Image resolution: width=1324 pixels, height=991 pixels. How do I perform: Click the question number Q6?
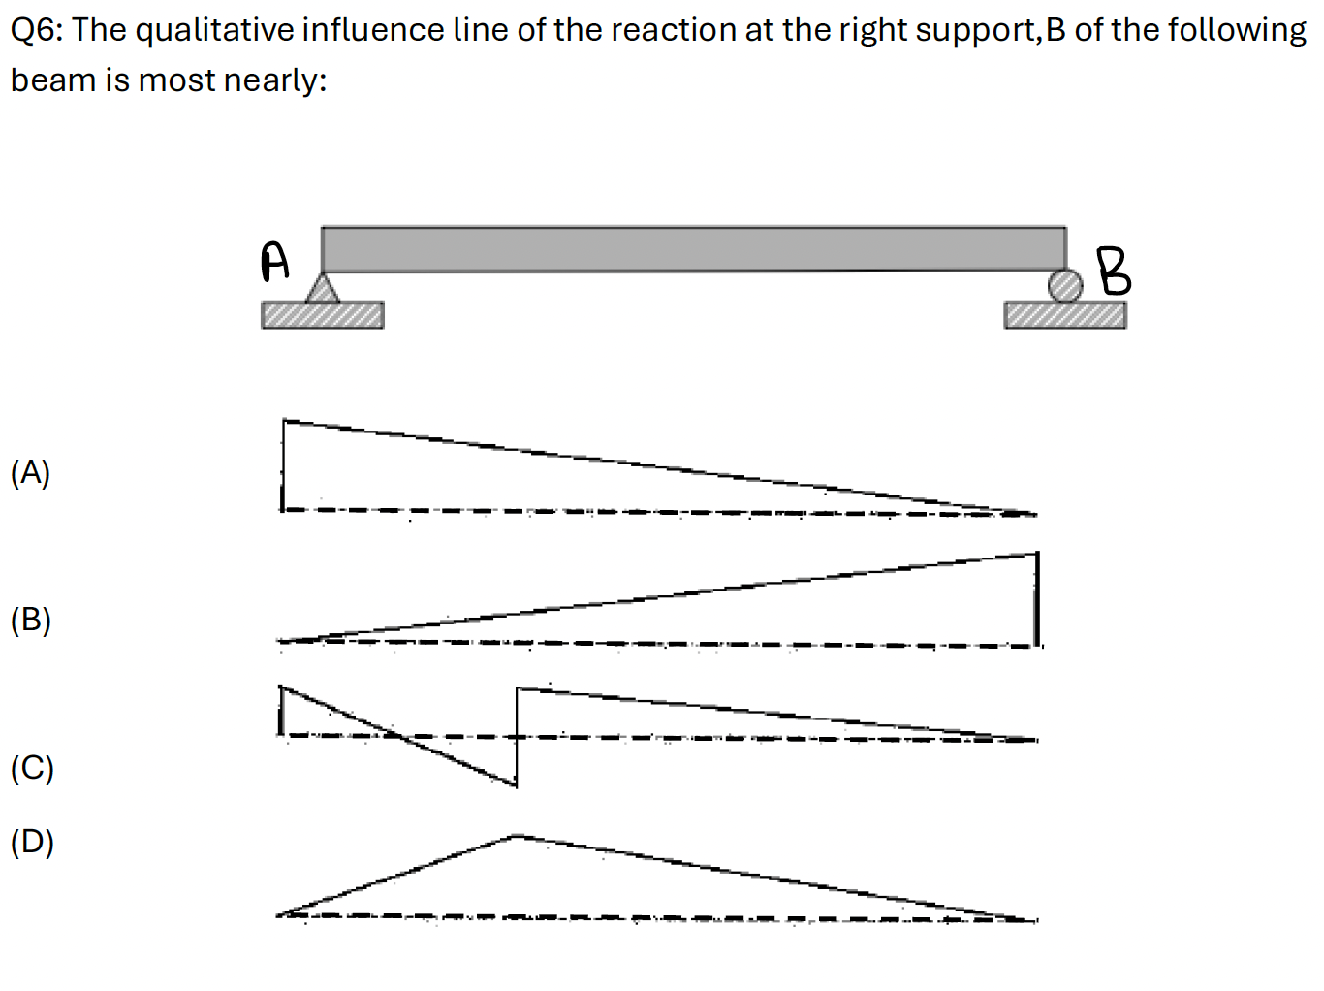[36, 30]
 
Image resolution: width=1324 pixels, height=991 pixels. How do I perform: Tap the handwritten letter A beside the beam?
[274, 261]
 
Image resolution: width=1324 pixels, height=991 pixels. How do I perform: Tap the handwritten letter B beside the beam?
[1114, 272]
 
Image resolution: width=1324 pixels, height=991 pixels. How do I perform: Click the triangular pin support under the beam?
[323, 288]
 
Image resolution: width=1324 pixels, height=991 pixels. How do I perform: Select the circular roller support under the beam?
[1065, 285]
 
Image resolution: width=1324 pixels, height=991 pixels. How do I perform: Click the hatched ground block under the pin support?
[323, 315]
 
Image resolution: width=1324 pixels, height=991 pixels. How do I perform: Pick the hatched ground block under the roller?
[1065, 315]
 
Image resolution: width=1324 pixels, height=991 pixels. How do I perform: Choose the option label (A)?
[30, 472]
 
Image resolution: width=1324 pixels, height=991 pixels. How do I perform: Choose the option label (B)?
[31, 620]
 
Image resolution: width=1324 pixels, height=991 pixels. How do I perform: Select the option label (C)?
[32, 768]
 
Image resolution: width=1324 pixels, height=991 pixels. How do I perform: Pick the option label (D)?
[32, 842]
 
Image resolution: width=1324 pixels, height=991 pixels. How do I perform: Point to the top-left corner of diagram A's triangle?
[283, 420]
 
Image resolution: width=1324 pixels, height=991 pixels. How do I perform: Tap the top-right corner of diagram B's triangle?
[1037, 553]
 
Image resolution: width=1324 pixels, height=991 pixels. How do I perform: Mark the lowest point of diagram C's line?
[517, 786]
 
